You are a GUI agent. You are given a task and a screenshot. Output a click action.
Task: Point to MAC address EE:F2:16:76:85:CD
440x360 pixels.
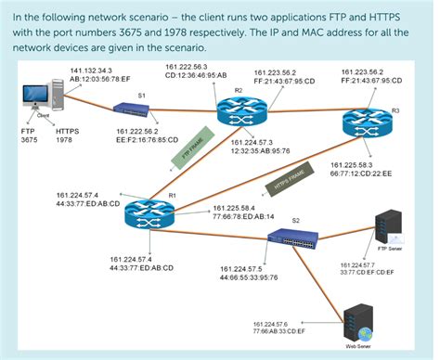[148, 142]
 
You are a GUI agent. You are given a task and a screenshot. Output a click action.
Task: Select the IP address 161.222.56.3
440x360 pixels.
[189, 67]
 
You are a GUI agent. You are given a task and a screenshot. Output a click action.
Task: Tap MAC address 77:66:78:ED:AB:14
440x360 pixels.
[244, 215]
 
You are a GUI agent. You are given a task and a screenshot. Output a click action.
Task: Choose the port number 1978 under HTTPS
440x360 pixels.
[64, 141]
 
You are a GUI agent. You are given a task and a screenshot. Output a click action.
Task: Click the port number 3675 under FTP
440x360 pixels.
[29, 141]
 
